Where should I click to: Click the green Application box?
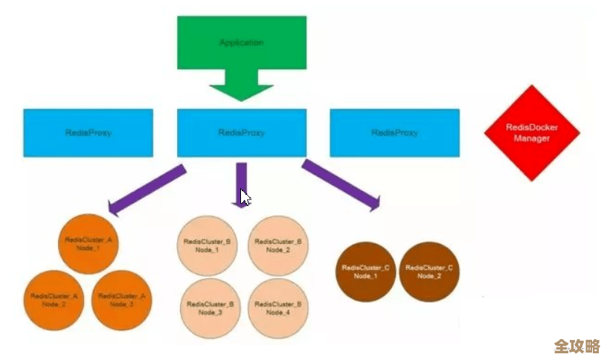tap(241, 42)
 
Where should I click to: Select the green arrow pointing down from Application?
tap(241, 86)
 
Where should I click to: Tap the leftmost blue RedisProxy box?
tap(88, 133)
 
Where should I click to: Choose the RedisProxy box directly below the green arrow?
tap(241, 133)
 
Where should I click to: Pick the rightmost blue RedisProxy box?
tap(394, 133)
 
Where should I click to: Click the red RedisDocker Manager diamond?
tap(532, 133)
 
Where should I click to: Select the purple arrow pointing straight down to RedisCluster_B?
tap(240, 181)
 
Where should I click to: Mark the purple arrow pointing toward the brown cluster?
tap(341, 183)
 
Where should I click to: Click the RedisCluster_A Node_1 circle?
tap(88, 243)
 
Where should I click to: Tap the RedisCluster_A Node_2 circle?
tap(54, 300)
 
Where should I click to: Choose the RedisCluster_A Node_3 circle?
tap(122, 300)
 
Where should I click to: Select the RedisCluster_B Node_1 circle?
tap(207, 245)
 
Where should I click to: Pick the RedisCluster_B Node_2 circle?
tap(277, 245)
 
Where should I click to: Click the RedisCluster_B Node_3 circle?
tap(210, 308)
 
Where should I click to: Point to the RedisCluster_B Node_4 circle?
tap(277, 308)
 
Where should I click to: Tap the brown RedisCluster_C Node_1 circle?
tap(365, 271)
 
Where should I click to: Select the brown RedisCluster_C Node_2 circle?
tap(428, 271)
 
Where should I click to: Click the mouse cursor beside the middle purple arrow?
tap(245, 197)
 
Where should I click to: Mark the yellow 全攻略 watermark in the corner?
tap(576, 347)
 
